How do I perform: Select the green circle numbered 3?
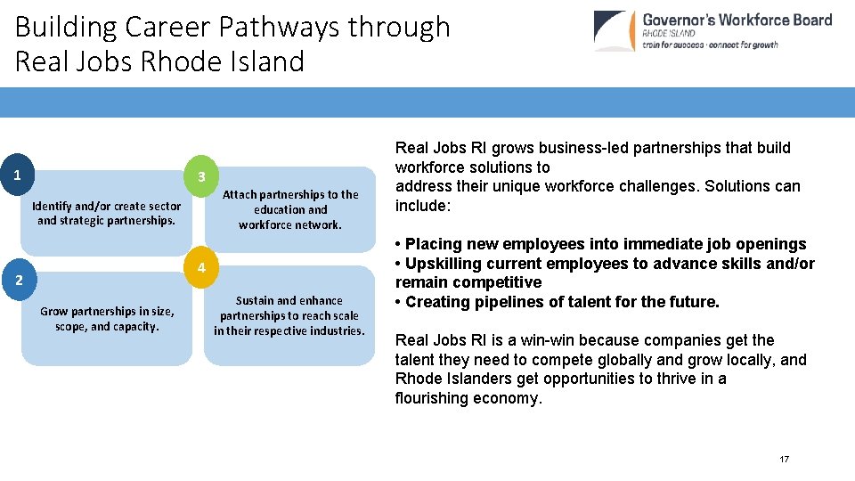click(x=201, y=176)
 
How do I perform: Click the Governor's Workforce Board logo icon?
click(x=615, y=31)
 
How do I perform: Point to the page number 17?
click(x=784, y=459)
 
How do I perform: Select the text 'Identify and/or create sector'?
click(x=106, y=206)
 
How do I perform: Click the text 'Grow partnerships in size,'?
click(x=107, y=312)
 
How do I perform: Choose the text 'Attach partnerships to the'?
click(x=290, y=194)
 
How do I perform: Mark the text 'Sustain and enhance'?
click(x=289, y=300)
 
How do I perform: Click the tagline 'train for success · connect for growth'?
click(x=710, y=45)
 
